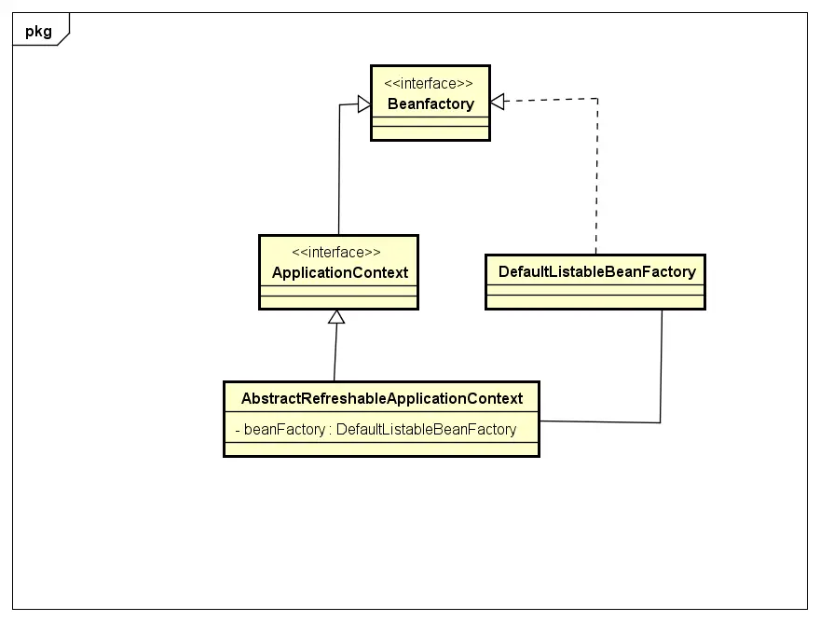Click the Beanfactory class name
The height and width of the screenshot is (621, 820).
[430, 104]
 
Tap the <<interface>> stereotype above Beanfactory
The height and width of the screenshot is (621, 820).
[430, 84]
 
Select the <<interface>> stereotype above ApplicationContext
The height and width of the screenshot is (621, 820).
[336, 253]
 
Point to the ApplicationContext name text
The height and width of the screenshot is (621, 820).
[339, 273]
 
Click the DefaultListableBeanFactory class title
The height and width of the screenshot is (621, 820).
[596, 272]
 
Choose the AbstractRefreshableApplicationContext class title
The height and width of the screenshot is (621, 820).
[382, 399]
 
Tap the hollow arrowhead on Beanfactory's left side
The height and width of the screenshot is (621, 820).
[363, 104]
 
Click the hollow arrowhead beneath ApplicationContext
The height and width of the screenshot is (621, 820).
[336, 317]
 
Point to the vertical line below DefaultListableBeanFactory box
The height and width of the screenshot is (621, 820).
[662, 364]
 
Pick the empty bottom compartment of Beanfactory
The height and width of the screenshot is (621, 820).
[430, 131]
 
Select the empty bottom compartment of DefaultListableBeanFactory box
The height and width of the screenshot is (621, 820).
[596, 301]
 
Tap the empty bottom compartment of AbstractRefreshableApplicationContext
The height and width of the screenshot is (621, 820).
[382, 448]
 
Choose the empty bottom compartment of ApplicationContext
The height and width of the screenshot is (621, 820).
[338, 301]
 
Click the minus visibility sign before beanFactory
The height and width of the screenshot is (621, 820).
[238, 430]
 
